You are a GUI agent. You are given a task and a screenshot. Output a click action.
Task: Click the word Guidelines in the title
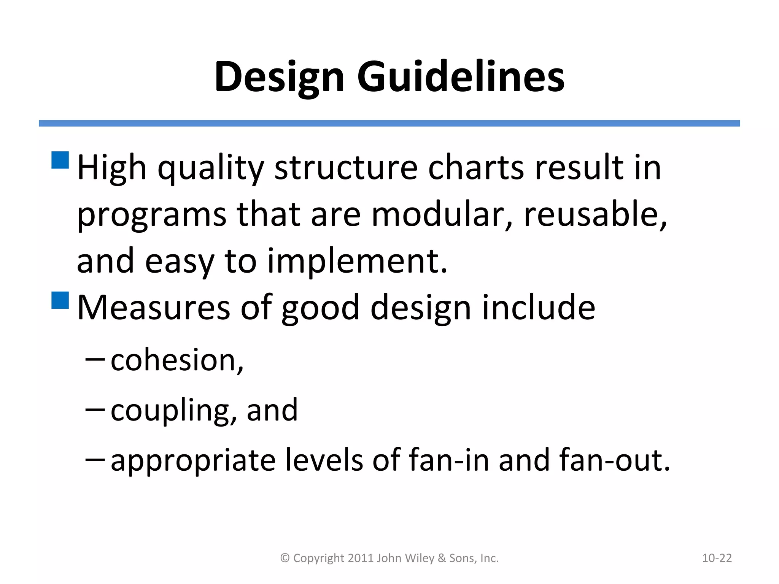(461, 77)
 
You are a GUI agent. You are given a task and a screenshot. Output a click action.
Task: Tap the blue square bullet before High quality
(60, 160)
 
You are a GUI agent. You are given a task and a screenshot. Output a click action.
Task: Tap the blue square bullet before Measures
(60, 300)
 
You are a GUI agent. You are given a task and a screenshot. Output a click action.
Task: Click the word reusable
(595, 215)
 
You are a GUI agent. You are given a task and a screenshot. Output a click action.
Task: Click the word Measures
(153, 308)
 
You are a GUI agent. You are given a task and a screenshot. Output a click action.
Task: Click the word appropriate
(193, 460)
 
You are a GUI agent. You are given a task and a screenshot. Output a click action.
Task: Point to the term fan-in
(448, 460)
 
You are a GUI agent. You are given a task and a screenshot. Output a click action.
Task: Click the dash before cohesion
(95, 358)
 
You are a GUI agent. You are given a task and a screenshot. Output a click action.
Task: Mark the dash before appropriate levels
(95, 459)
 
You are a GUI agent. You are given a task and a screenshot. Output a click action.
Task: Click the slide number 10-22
(717, 558)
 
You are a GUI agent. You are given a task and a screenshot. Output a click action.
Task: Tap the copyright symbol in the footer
(285, 558)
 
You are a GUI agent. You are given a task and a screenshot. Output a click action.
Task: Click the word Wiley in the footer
(420, 558)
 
